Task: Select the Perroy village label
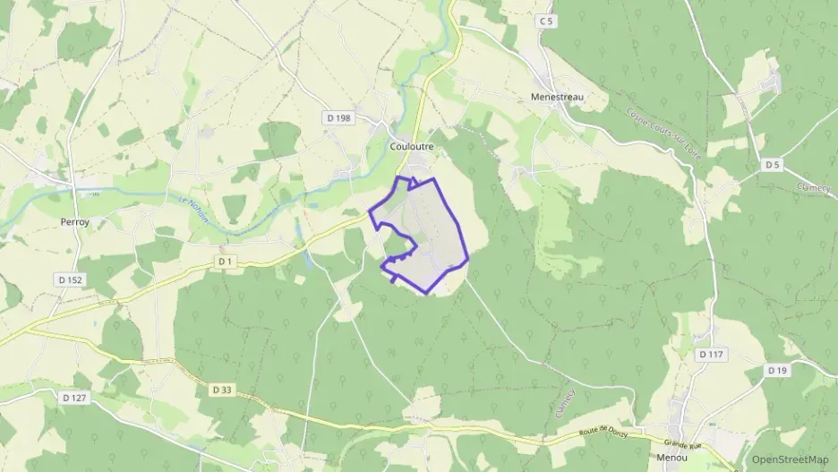tap(75, 221)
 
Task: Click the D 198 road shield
tap(338, 117)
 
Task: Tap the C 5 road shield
tap(546, 19)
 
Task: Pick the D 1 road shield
tap(225, 261)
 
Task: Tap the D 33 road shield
tap(224, 390)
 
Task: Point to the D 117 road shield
tap(710, 355)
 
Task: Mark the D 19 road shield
tap(776, 369)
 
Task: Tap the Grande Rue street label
tap(683, 443)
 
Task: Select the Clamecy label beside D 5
tap(812, 188)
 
